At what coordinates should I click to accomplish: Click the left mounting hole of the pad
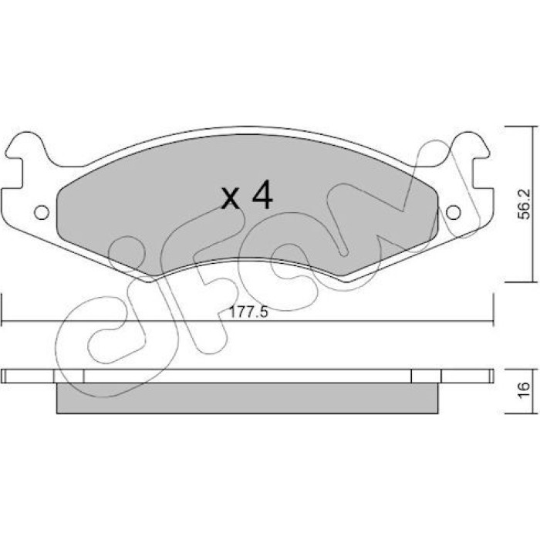[42, 212]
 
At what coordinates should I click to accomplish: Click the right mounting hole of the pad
[454, 212]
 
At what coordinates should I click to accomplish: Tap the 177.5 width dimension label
[248, 312]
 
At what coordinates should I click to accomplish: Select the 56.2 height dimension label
[524, 205]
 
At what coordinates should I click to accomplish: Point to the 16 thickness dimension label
[524, 390]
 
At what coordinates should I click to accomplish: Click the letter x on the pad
[231, 199]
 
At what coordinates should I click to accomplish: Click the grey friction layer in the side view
[248, 398]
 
